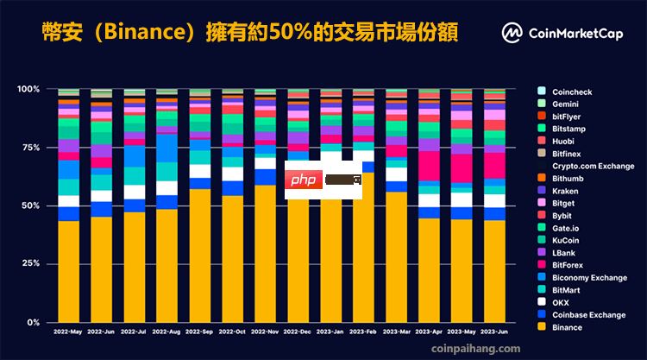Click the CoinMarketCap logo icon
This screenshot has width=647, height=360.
point(512,34)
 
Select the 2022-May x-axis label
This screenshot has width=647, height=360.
point(69,332)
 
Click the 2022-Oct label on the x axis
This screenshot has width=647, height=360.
point(232,332)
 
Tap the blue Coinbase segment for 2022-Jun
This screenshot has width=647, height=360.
point(102,209)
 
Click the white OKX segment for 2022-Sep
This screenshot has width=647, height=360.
point(199,171)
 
